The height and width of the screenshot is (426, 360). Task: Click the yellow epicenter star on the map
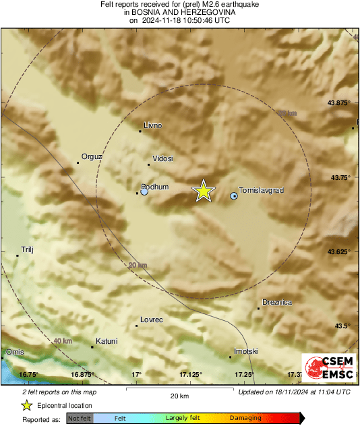pos(204,191)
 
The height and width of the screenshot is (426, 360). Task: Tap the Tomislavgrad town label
pos(262,191)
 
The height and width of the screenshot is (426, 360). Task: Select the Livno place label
pos(153,125)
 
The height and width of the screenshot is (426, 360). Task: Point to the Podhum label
pos(154,187)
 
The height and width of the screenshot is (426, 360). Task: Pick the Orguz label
pos(92,157)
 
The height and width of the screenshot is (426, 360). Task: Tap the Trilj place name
pos(27,249)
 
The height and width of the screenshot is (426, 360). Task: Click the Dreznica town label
pos(277,303)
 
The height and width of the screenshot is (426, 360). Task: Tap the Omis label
pos(14,353)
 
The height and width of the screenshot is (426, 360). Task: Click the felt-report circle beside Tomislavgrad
pos(234,195)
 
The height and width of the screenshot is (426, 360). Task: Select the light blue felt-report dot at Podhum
pos(144,192)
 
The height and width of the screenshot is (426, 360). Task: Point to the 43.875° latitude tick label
pos(338,103)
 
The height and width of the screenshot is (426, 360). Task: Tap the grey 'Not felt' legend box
pos(79,419)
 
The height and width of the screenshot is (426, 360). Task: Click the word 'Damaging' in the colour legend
pos(245,419)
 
